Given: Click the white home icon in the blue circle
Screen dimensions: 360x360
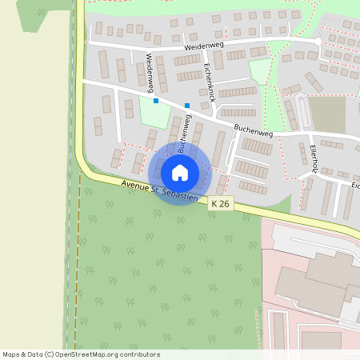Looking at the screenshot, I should [x=179, y=173].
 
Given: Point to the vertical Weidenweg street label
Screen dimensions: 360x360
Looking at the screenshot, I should [x=150, y=70].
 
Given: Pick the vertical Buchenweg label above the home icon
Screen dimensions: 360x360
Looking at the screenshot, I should [x=186, y=134].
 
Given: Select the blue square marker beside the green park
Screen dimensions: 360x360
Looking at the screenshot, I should [x=156, y=102].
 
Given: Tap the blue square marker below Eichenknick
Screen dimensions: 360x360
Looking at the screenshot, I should [x=187, y=106].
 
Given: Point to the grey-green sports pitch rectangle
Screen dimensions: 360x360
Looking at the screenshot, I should [x=326, y=114].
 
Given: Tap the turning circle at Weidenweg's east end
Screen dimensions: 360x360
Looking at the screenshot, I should [x=318, y=40].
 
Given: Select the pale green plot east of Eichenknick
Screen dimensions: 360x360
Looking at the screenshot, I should [x=260, y=71].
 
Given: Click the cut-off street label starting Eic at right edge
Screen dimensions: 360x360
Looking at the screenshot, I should [x=354, y=185].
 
